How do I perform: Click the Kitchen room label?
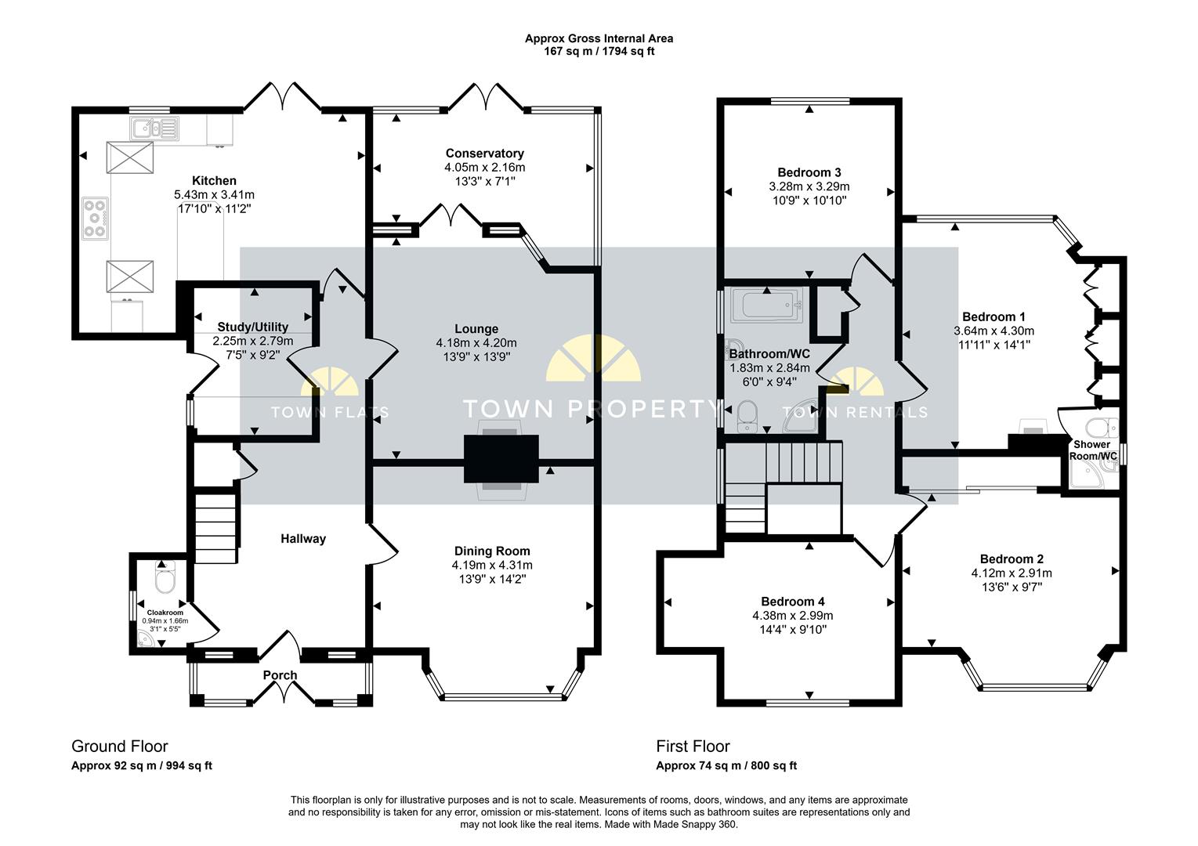click(214, 181)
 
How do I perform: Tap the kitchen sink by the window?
click(154, 128)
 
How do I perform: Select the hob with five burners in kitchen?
click(96, 219)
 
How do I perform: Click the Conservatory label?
click(484, 154)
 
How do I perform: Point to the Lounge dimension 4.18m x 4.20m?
click(476, 343)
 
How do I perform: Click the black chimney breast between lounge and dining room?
click(501, 459)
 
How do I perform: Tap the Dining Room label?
click(492, 551)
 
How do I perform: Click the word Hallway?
click(303, 539)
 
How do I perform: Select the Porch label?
click(280, 675)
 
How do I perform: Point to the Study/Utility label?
click(252, 327)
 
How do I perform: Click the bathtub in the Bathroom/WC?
click(767, 305)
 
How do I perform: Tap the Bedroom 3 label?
click(809, 172)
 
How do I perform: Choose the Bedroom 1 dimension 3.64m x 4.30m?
click(994, 331)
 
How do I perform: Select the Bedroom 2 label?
click(1012, 559)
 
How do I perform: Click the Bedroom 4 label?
click(793, 602)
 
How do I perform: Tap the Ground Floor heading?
click(120, 746)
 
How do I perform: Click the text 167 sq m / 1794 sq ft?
click(599, 52)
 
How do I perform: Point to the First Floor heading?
click(693, 746)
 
